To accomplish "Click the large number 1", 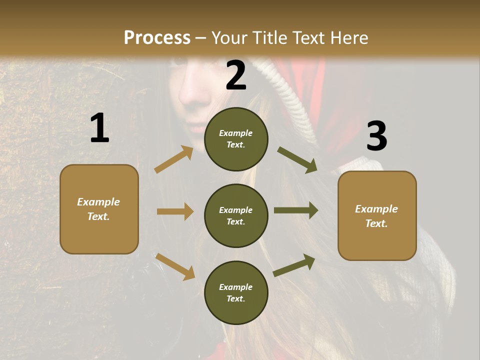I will (99, 128).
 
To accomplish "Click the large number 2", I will (236, 75).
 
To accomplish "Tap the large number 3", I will (376, 136).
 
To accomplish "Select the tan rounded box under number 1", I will (99, 209).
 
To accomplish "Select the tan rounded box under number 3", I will (377, 215).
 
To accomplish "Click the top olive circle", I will (236, 138).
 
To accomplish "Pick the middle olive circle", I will (236, 215).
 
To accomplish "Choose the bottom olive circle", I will (236, 292).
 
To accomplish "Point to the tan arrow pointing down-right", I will (175, 266).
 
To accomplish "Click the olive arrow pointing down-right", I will (297, 159).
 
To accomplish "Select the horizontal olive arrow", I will (296, 210).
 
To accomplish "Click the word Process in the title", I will (157, 37).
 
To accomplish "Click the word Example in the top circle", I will (236, 133).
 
